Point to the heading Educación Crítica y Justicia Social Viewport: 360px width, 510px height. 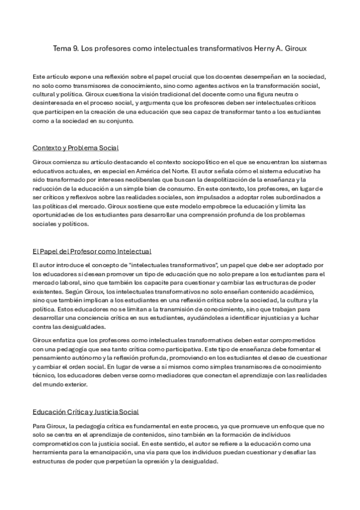coord(85,412)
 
